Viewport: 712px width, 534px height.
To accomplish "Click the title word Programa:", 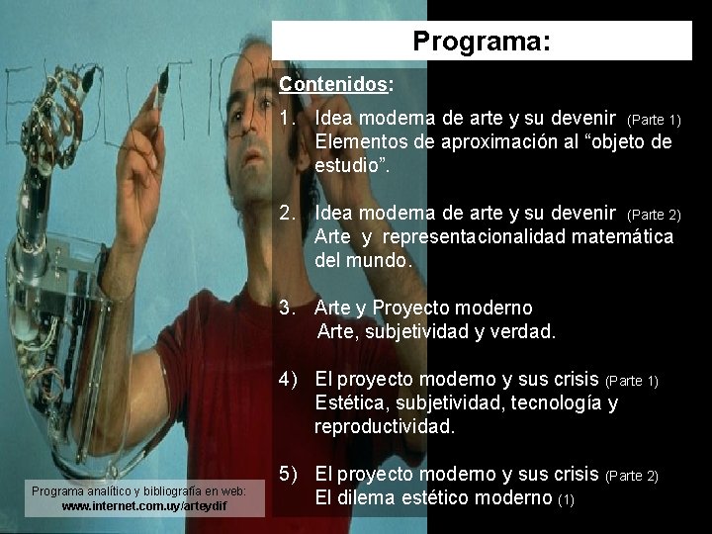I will (x=482, y=43).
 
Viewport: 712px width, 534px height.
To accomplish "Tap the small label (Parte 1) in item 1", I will (x=655, y=121).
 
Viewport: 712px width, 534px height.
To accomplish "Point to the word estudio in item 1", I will (x=348, y=165).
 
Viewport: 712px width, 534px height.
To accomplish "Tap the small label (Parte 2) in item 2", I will (x=655, y=215).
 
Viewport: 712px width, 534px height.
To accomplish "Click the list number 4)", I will (x=290, y=380).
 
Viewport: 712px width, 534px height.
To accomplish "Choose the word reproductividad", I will (x=385, y=427).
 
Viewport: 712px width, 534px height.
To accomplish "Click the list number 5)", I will (x=290, y=475).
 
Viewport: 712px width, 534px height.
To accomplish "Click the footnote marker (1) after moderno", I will (x=566, y=500).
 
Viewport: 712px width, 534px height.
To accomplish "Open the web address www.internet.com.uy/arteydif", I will (x=144, y=506).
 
